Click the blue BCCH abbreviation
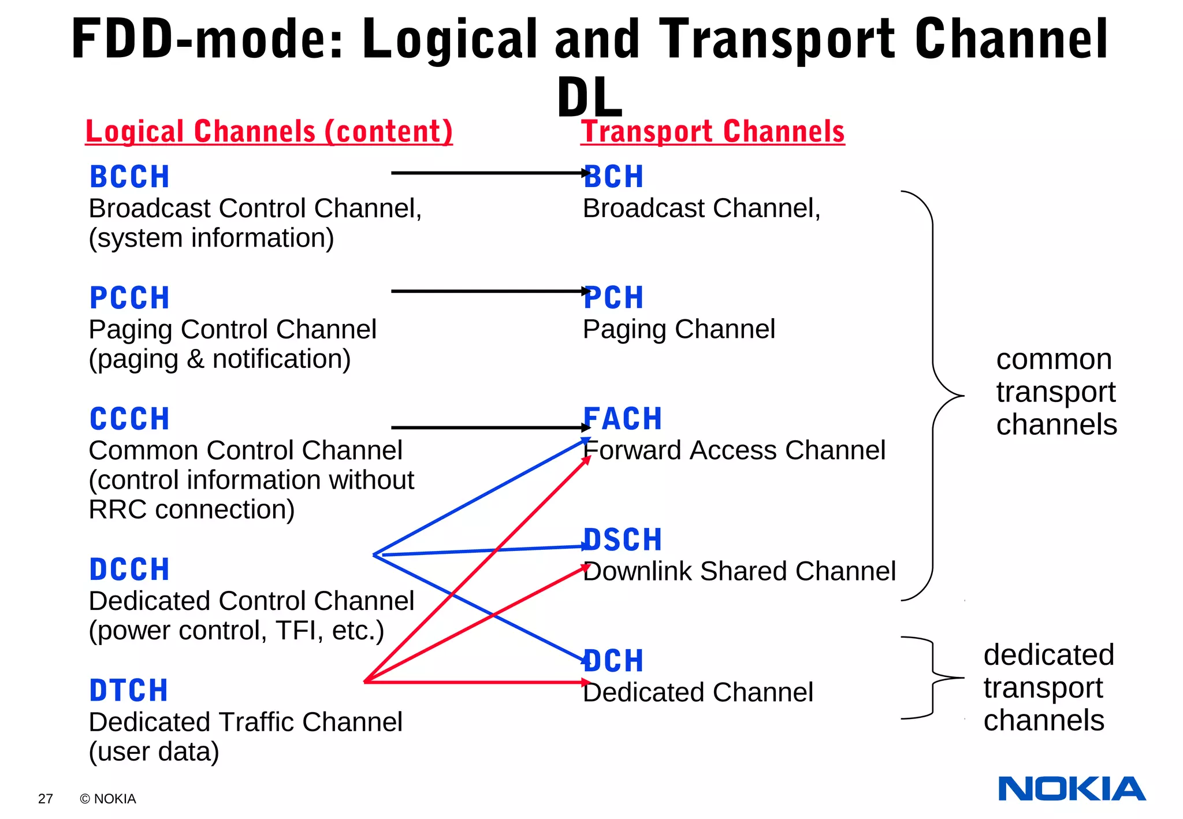pos(129,177)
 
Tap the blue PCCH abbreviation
pos(129,298)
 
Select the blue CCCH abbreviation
pos(129,419)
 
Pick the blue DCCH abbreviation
pos(129,569)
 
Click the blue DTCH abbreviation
pos(128,691)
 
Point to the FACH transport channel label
pos(623,419)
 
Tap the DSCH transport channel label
pos(623,540)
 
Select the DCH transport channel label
pos(613,661)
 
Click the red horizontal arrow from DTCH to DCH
pos(474,682)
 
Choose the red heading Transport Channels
pos(713,132)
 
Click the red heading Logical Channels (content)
pos(269,132)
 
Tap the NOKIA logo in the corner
pos(1072,789)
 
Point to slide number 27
pos(46,799)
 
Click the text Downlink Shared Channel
pos(739,571)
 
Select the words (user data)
pos(154,751)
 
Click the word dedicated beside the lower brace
pos(1049,655)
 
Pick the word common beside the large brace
pos(1054,360)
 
